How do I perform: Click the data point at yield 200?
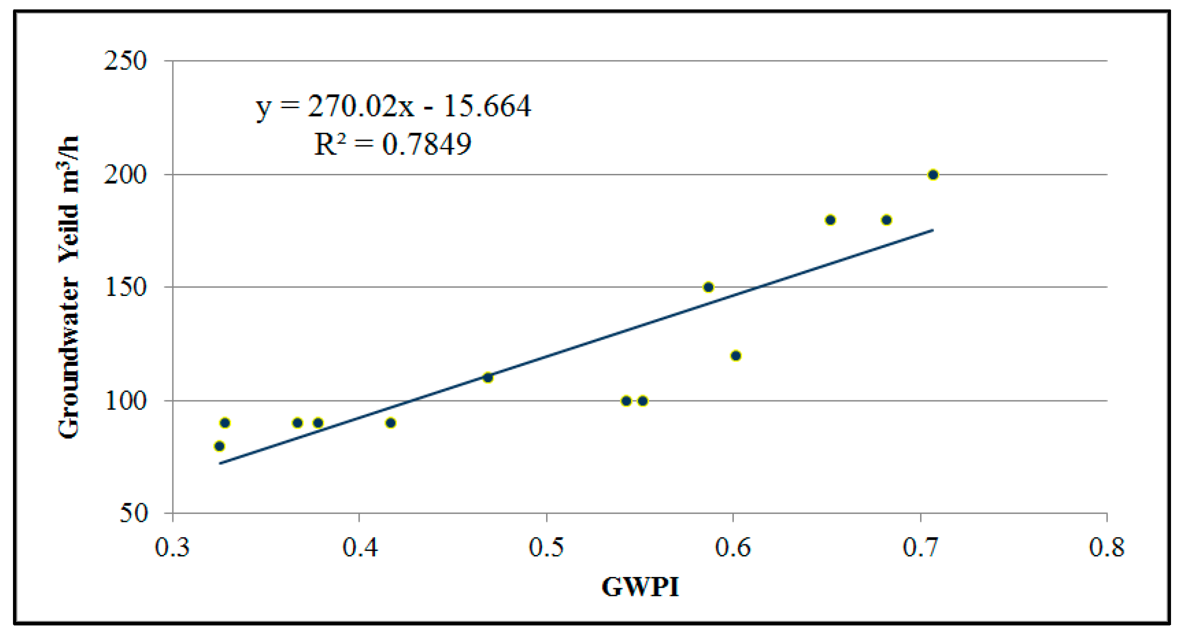933,175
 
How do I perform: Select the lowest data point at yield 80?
219,446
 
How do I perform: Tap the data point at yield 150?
708,287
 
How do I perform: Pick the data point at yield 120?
736,356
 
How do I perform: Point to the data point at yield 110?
488,378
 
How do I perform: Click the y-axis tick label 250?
125,61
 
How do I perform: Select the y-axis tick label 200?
125,175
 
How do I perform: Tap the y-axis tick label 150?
125,288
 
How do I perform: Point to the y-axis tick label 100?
125,401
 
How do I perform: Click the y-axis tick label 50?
133,513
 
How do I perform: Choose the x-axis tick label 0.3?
172,548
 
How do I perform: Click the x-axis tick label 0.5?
546,548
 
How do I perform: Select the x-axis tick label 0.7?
920,548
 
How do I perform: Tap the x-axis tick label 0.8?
1107,548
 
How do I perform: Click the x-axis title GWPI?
640,588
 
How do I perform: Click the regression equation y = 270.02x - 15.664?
393,107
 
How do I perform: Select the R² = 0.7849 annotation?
392,144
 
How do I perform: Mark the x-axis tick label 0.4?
360,548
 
